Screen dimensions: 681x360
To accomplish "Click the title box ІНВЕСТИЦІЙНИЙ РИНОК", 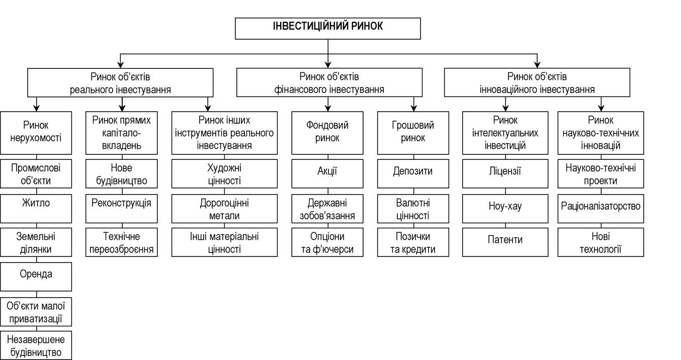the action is point(328,28).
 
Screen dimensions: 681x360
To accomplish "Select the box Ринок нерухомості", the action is point(36,133).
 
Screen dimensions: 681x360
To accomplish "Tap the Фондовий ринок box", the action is point(327,133).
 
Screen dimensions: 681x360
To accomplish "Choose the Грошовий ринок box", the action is point(413,133).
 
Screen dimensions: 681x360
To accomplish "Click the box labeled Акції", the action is point(327,173).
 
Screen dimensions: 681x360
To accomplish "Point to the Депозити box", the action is point(413,173).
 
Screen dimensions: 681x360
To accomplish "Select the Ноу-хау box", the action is point(505,209).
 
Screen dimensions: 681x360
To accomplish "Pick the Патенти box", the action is point(505,242).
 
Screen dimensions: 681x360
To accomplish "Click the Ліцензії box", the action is point(505,173).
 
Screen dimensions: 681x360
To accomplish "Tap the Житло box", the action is point(36,209).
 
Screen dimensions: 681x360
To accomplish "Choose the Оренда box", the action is point(36,277).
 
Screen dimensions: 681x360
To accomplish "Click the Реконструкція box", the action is point(122,209).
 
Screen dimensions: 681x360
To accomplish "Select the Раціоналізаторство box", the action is point(601,209).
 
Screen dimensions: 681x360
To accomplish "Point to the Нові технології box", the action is point(601,242).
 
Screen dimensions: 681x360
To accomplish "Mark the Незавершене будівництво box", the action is point(36,345).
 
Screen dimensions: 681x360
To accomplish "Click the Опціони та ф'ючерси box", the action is point(327,242).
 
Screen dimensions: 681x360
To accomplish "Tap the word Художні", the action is point(224,168).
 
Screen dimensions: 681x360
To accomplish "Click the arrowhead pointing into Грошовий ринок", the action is point(413,108).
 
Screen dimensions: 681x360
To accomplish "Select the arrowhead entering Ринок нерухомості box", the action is point(37,108).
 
